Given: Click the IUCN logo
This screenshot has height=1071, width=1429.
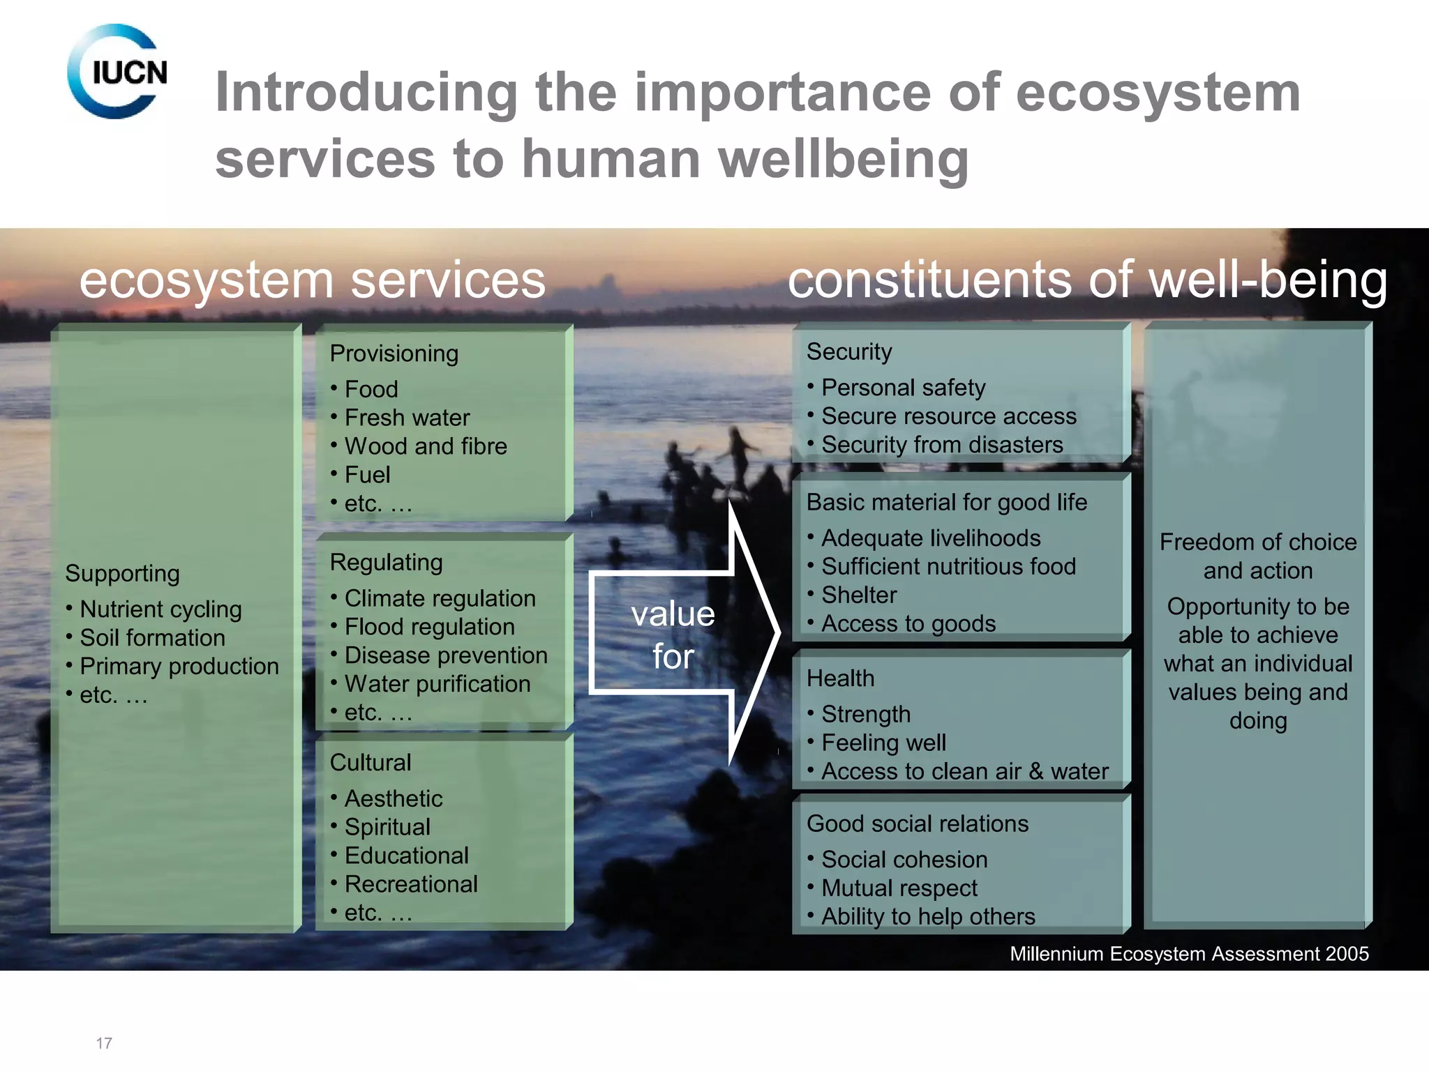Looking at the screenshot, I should pyautogui.click(x=117, y=72).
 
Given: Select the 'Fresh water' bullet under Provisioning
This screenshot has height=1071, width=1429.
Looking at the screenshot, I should pyautogui.click(x=407, y=418).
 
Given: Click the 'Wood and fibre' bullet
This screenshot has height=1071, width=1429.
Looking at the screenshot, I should pyautogui.click(x=426, y=446).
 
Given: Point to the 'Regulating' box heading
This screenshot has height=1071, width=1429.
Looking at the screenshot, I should pyautogui.click(x=386, y=563).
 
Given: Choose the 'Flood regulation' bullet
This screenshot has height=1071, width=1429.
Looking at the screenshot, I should pyautogui.click(x=429, y=627).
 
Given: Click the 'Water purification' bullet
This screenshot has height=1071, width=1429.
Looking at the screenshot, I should pyautogui.click(x=437, y=684).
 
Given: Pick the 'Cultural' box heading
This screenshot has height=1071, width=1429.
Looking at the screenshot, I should pyautogui.click(x=371, y=763).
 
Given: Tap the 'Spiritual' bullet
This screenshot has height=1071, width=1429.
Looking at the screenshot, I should pyautogui.click(x=387, y=827).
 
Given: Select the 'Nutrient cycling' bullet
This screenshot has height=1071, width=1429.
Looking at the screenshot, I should pyautogui.click(x=160, y=609).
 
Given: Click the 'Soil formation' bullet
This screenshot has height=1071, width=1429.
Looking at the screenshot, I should pyautogui.click(x=152, y=638).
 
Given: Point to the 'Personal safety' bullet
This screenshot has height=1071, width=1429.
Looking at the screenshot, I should pyautogui.click(x=903, y=388).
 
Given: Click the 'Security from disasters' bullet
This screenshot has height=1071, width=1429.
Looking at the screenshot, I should pyautogui.click(x=942, y=445).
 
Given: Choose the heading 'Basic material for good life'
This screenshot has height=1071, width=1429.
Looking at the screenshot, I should pyautogui.click(x=946, y=503).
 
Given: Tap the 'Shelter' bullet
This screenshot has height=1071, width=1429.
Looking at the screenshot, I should pyautogui.click(x=859, y=595).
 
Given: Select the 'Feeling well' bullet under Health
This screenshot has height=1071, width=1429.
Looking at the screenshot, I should pyautogui.click(x=883, y=743).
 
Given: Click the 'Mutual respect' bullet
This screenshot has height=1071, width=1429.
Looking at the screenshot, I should pyautogui.click(x=899, y=888).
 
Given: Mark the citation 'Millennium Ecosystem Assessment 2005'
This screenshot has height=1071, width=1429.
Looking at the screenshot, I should pyautogui.click(x=1189, y=954).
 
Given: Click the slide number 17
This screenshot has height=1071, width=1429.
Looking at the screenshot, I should pyautogui.click(x=104, y=1043).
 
